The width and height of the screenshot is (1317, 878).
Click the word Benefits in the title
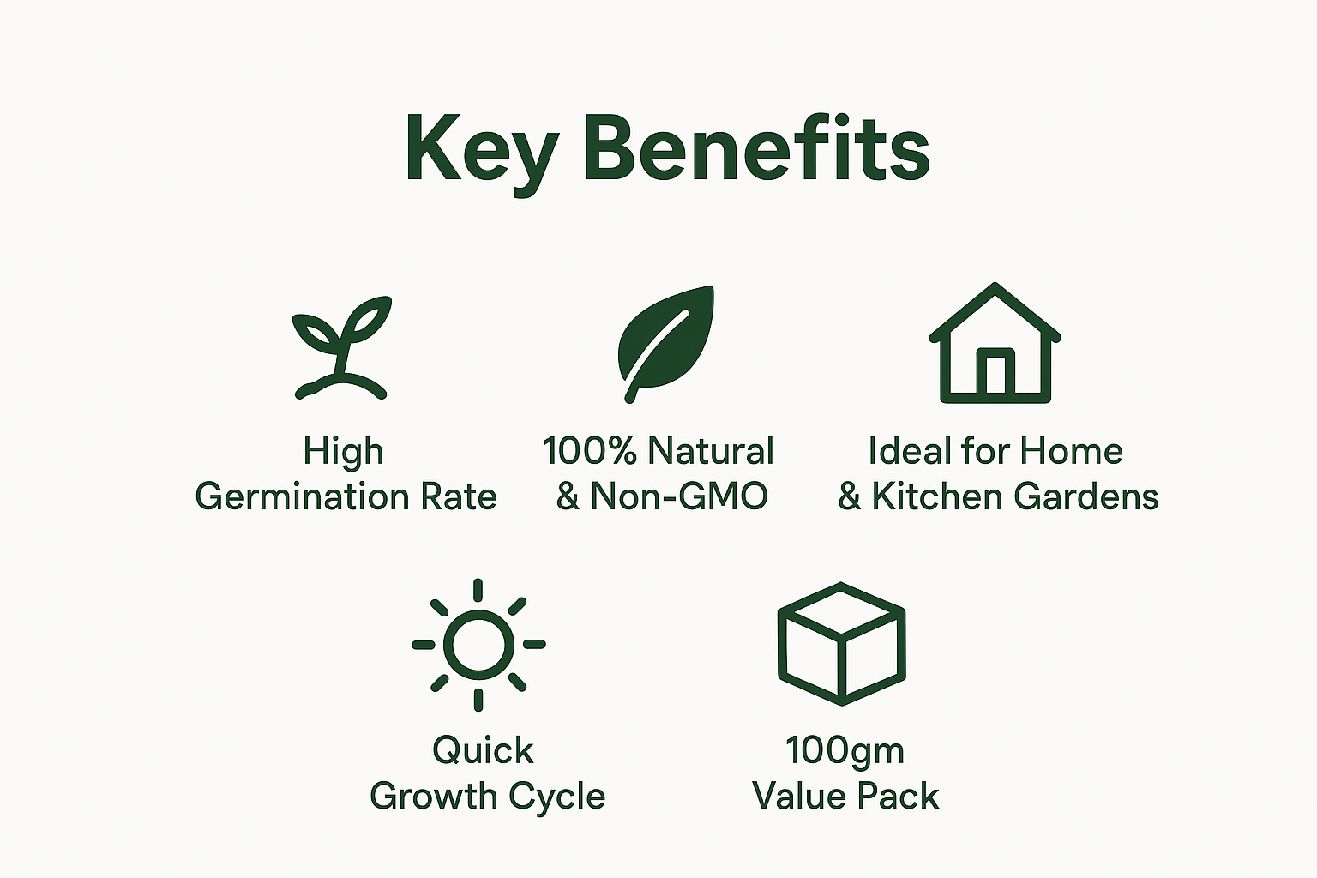tap(757, 147)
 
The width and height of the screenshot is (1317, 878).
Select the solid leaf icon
tap(666, 344)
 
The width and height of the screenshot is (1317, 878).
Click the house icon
tap(995, 343)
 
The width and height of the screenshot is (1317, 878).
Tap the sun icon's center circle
tap(478, 645)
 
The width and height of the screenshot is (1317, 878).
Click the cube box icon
tap(841, 644)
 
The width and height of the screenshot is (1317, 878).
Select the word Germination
tap(302, 497)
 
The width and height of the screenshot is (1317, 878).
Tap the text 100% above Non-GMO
tap(590, 451)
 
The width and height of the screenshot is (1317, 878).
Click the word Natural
tap(711, 451)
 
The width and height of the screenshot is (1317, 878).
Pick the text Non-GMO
tap(680, 496)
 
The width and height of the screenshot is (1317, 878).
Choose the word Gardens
tap(1086, 496)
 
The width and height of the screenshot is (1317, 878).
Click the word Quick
tap(484, 751)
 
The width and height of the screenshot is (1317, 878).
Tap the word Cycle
tap(556, 798)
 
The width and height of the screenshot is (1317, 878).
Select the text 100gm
tap(845, 753)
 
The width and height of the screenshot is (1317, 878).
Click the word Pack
tap(898, 797)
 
